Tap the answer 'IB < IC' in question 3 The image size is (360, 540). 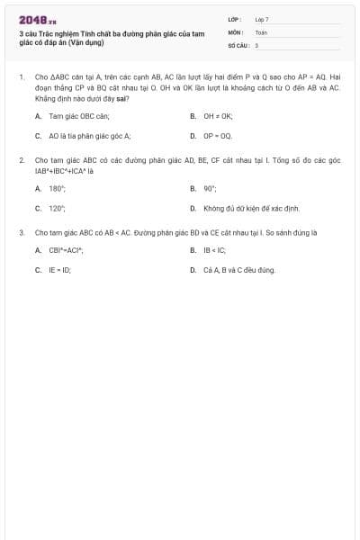tap(214, 250)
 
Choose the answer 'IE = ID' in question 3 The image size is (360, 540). tap(60, 269)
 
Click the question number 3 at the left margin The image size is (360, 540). tap(21, 232)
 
